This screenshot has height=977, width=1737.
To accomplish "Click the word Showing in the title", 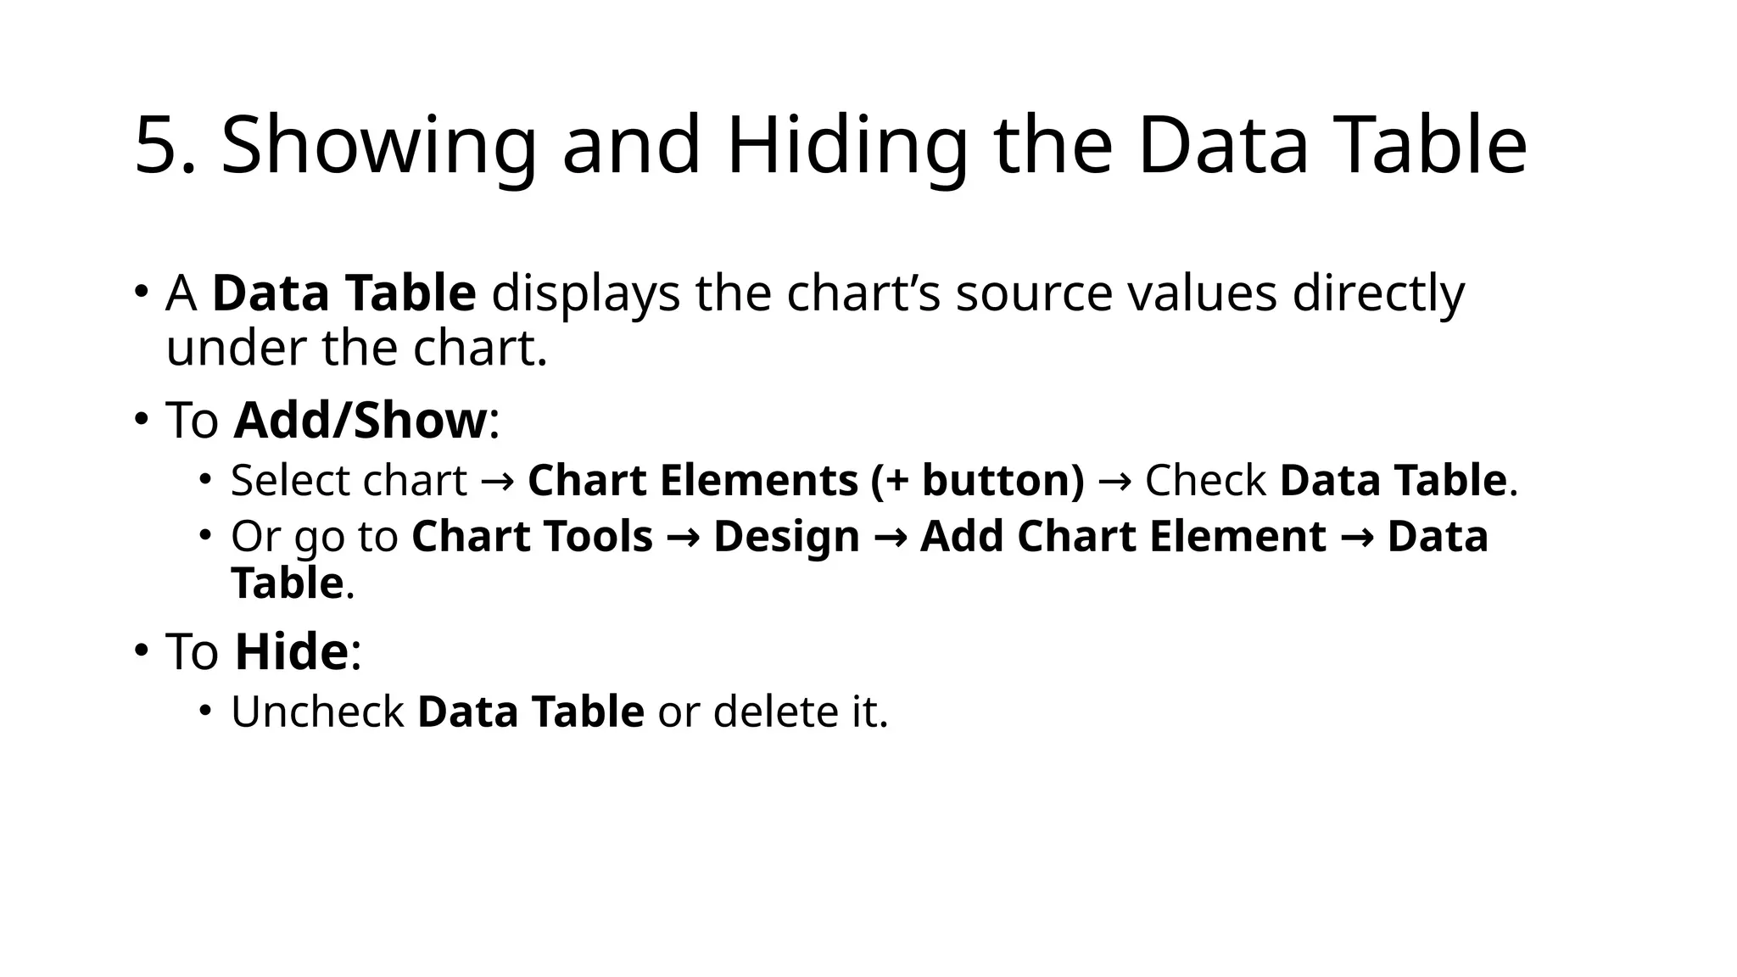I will point(378,146).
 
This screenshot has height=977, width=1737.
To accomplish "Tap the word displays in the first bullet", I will point(585,293).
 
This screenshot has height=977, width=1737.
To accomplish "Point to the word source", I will point(1033,293).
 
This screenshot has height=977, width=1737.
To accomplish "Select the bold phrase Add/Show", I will point(360,420).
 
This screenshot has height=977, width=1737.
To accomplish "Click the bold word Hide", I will point(291,651).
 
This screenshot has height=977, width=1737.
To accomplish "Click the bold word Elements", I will point(758,480).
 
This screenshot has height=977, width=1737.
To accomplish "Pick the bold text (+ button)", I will point(977,480).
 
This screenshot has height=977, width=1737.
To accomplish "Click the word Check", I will point(1205,480).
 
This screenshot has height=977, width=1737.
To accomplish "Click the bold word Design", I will point(786,536).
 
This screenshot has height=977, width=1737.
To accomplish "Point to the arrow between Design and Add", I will point(890,537).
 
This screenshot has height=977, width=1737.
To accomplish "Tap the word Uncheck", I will point(317,711).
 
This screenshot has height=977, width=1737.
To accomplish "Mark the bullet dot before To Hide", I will point(141,650).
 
